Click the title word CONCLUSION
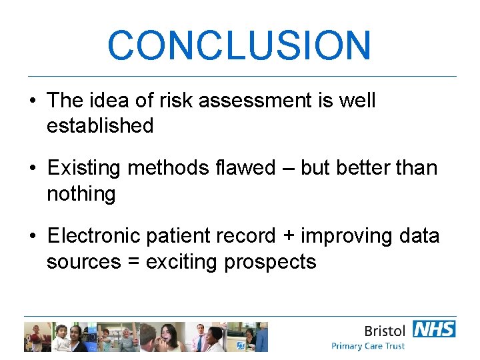[239, 45]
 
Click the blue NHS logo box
[434, 329]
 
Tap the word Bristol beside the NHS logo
[385, 330]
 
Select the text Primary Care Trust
[368, 346]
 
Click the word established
[100, 125]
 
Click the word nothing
[81, 194]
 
